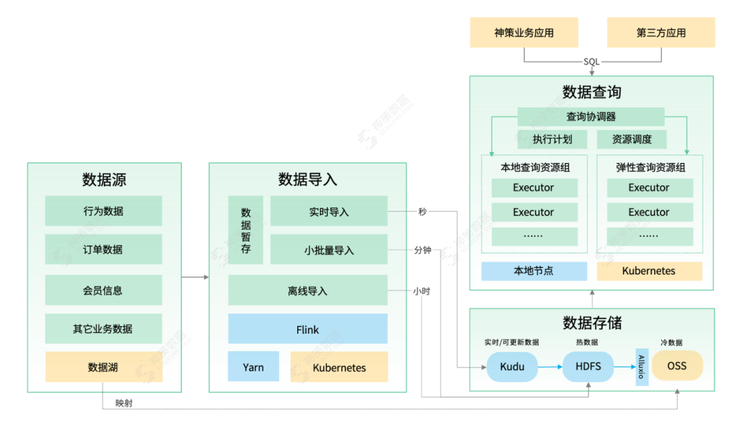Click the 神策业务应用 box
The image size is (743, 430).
pyautogui.click(x=524, y=32)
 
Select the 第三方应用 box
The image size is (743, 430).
pyautogui.click(x=660, y=32)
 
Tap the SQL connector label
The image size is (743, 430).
pyautogui.click(x=592, y=62)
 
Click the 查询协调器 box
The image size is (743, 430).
pyautogui.click(x=591, y=116)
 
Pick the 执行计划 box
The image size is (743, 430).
pyautogui.click(x=552, y=140)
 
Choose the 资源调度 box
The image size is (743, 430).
pyautogui.click(x=632, y=140)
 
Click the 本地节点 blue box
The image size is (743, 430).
pyautogui.click(x=534, y=271)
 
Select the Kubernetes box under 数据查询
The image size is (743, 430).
pyautogui.click(x=649, y=271)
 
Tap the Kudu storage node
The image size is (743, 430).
pyautogui.click(x=512, y=367)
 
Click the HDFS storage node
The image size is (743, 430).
pyautogui.click(x=588, y=367)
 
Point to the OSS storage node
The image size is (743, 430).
pyautogui.click(x=677, y=367)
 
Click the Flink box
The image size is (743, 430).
pyautogui.click(x=308, y=330)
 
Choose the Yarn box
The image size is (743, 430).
pyautogui.click(x=253, y=367)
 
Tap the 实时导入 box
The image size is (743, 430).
pyautogui.click(x=329, y=212)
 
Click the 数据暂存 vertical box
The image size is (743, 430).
pyautogui.click(x=246, y=230)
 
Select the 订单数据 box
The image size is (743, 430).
pyautogui.click(x=103, y=250)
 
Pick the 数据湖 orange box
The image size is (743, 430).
pyautogui.click(x=103, y=367)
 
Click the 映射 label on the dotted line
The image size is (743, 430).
pyautogui.click(x=124, y=403)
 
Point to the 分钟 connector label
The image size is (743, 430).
pyautogui.click(x=422, y=250)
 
